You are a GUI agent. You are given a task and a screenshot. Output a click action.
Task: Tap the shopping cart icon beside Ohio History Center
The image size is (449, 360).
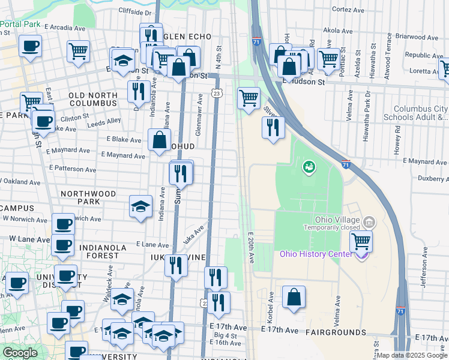361,241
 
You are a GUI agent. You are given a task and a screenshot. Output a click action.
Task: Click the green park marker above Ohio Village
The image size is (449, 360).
309,166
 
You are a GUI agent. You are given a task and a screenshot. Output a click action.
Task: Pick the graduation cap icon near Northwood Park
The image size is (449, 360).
140,207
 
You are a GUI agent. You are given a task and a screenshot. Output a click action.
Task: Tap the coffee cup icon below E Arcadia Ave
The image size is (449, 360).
30,46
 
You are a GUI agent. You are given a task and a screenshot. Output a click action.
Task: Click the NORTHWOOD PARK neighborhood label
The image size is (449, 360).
88,198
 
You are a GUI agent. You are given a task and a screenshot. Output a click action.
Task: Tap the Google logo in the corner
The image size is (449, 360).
20,353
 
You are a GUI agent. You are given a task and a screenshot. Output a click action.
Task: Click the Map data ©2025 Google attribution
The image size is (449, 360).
412,355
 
